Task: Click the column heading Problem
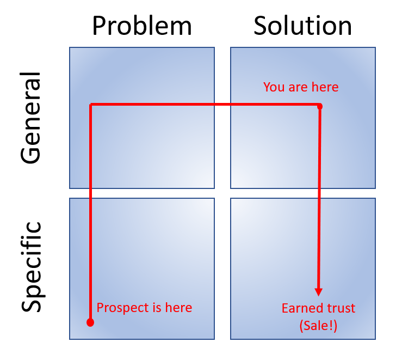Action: pyautogui.click(x=141, y=26)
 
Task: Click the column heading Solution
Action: pyautogui.click(x=302, y=26)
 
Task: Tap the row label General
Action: pyautogui.click(x=30, y=118)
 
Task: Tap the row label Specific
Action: pyautogui.click(x=30, y=266)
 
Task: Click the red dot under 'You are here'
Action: pyautogui.click(x=320, y=106)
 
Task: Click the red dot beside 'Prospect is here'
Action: pyautogui.click(x=90, y=322)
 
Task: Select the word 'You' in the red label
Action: pyautogui.click(x=273, y=87)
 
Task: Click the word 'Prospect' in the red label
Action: pyautogui.click(x=120, y=308)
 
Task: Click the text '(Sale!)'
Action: pyautogui.click(x=318, y=326)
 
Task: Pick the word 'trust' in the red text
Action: pyautogui.click(x=339, y=308)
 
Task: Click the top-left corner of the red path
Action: pyautogui.click(x=91, y=105)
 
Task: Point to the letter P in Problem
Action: pyautogui.click(x=98, y=26)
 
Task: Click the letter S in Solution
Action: pyautogui.click(x=261, y=26)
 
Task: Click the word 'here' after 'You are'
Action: pyautogui.click(x=326, y=87)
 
